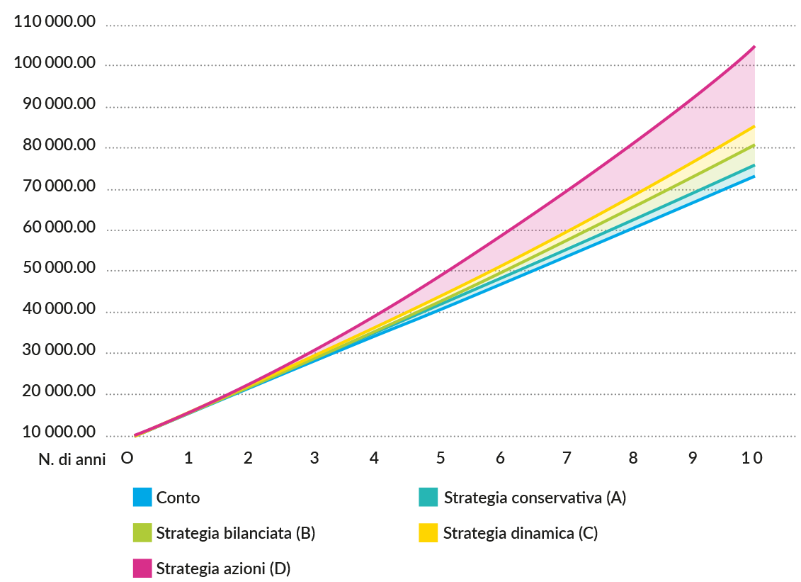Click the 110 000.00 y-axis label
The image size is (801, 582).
coord(54,22)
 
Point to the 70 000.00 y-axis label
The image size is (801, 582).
coord(54,186)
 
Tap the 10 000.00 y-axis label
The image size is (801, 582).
coord(54,432)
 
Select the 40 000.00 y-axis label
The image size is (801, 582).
coord(54,310)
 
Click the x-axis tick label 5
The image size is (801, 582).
coord(441,458)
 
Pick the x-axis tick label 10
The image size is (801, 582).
coord(752,458)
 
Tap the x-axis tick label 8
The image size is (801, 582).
coord(632,458)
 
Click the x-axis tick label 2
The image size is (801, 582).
coord(248,458)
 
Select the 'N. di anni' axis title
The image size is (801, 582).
coord(72,459)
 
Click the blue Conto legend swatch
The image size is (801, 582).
coord(142,497)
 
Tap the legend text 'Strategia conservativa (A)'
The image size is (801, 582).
coord(535,498)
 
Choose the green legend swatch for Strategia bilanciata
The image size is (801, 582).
coord(142,532)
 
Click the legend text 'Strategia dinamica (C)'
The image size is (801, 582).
coord(521,533)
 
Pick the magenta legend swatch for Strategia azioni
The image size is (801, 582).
coord(142,568)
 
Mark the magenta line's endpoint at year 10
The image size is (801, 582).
coord(754,46)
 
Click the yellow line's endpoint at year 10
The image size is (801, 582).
coord(754,126)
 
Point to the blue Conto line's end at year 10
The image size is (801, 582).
coord(754,177)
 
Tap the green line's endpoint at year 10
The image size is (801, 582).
coord(754,145)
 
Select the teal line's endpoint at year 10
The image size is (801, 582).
coord(754,165)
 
